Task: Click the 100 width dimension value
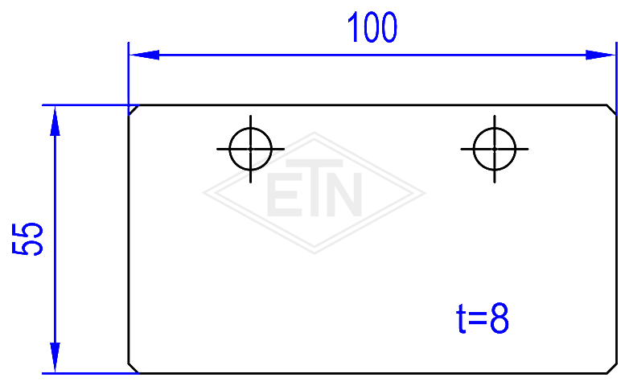tap(372, 27)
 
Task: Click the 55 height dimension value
tap(27, 239)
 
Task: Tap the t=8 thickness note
tap(483, 319)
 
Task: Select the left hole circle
tap(229, 150)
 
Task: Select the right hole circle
tap(473, 150)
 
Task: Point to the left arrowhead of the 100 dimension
tap(144, 55)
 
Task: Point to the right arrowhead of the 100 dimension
tap(601, 55)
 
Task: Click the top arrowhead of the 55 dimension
tap(55, 121)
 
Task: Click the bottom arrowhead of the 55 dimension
tap(55, 358)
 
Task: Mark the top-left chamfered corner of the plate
tap(134, 110)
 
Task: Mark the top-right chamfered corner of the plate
tap(611, 110)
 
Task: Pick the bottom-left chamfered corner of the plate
tap(134, 368)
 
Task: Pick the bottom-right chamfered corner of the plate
tap(611, 368)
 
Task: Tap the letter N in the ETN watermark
tap(344, 195)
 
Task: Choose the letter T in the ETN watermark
tap(314, 188)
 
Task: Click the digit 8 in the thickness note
tap(499, 319)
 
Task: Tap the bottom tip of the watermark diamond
tap(314, 253)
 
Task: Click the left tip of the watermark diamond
tap(203, 193)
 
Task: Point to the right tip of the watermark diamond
tap(425, 193)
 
